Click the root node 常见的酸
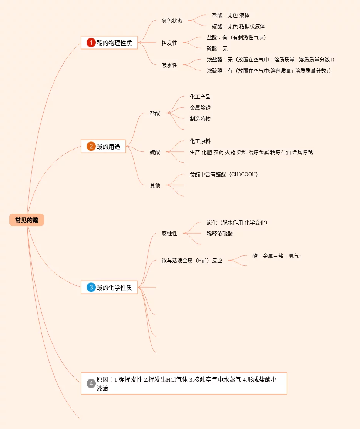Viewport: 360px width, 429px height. (27, 220)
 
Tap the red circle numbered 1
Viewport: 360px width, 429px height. (91, 43)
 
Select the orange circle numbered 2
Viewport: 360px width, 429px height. (91, 147)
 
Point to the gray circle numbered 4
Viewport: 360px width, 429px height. (91, 383)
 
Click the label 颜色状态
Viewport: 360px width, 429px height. (172, 21)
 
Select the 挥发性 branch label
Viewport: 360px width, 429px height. (169, 43)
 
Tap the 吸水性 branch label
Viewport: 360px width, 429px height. (169, 66)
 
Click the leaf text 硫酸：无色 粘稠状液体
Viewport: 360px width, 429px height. (238, 27)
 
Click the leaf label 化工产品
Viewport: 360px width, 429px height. (200, 97)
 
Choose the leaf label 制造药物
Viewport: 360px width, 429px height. (200, 119)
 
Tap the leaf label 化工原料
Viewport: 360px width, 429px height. (200, 141)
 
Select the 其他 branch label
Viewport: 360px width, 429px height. (155, 186)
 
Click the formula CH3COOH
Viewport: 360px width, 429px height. (243, 175)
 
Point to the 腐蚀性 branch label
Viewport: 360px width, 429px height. (169, 234)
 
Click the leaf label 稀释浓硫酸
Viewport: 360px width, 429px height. (220, 234)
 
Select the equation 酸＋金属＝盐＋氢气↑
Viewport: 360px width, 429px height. (277, 256)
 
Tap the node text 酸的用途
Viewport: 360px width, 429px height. (108, 147)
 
